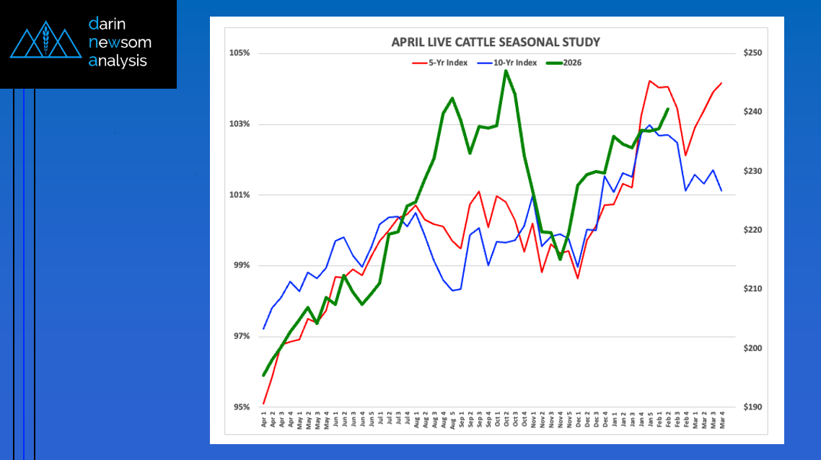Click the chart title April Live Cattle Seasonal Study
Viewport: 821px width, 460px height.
click(x=495, y=42)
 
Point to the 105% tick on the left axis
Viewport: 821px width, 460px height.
click(x=240, y=53)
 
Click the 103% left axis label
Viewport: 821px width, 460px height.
click(x=240, y=124)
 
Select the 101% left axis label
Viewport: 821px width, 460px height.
click(x=240, y=195)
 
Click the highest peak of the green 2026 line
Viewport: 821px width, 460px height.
click(x=506, y=71)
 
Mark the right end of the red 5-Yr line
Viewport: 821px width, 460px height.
click(x=721, y=83)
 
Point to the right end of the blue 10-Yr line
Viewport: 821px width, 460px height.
click(x=721, y=190)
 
